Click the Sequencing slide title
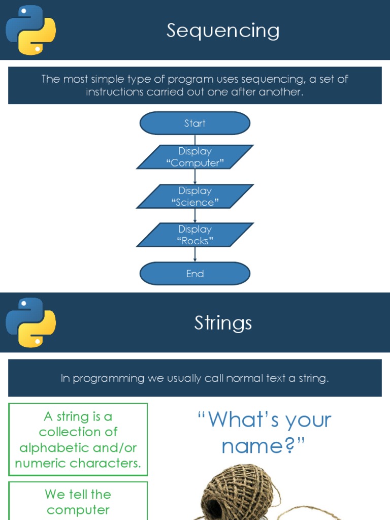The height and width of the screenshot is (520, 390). coord(223,30)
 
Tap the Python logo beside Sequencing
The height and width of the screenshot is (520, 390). coord(30,30)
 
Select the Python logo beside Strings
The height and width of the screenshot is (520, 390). coord(30,322)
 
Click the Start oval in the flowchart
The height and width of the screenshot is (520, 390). coord(195,123)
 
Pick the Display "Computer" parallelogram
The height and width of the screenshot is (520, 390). coord(195,157)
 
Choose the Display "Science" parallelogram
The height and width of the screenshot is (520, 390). coord(195,197)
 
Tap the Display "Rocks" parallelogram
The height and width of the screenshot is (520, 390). coord(195,235)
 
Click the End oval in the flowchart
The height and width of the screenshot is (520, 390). coord(195,274)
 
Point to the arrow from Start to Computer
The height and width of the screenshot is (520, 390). coord(195,140)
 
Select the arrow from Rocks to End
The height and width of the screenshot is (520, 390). coord(195,254)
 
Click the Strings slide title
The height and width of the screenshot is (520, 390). coord(223,323)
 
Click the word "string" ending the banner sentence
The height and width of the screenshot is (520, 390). coord(313,378)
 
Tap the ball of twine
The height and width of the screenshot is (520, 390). coord(234,493)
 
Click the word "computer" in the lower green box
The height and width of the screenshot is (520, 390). coord(78,510)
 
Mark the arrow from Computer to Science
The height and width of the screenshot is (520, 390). coord(195,177)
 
